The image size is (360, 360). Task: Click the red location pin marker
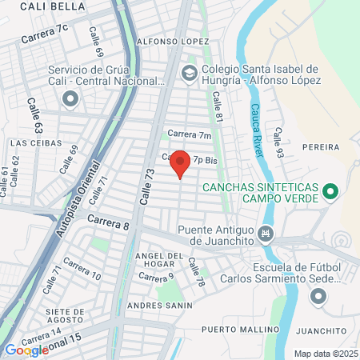180,163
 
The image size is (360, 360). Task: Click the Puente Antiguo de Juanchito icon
267,234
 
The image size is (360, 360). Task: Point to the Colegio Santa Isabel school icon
189,74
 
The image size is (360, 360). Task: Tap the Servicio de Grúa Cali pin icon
70,99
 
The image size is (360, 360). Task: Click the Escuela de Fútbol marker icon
318,298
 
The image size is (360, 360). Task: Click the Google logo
26,350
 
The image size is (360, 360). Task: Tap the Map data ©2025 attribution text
324,354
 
